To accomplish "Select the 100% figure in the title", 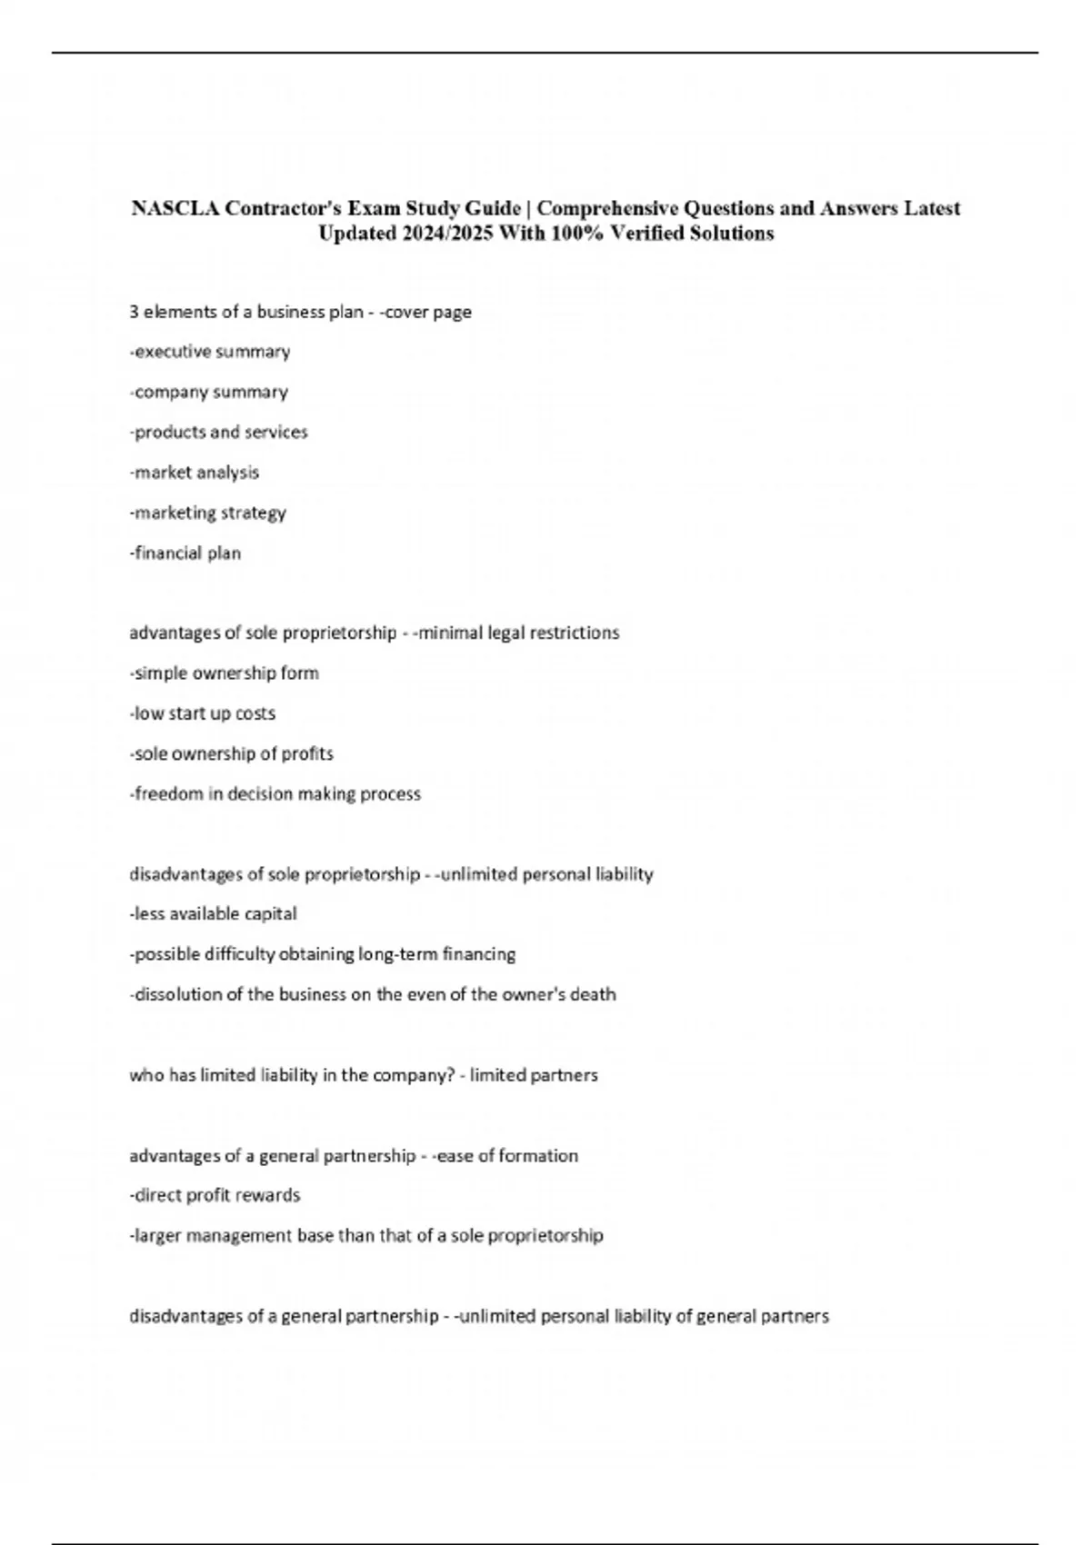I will click(x=576, y=234).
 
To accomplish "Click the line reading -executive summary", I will click(x=210, y=352).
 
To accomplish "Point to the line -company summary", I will click(x=209, y=392).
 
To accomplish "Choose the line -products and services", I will click(x=219, y=432).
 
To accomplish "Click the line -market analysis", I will click(x=195, y=473).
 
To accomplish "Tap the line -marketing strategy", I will click(x=208, y=513).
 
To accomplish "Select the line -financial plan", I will click(x=185, y=553).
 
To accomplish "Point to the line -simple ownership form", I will click(x=225, y=673).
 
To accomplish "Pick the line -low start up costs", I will click(x=203, y=713).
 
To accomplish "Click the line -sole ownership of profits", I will click(x=232, y=753).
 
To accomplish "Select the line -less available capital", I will click(x=214, y=913).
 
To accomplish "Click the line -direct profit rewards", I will click(x=215, y=1195).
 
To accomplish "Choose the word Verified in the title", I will click(x=650, y=234).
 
